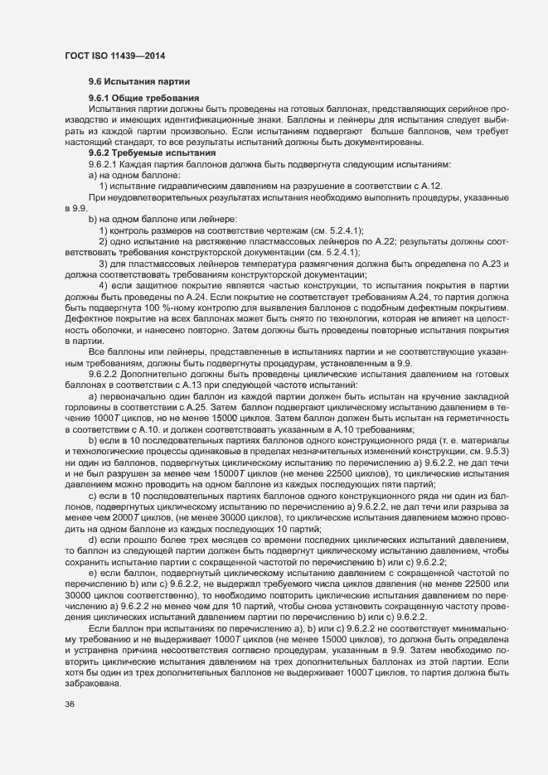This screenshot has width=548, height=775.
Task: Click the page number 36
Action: click(x=69, y=705)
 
